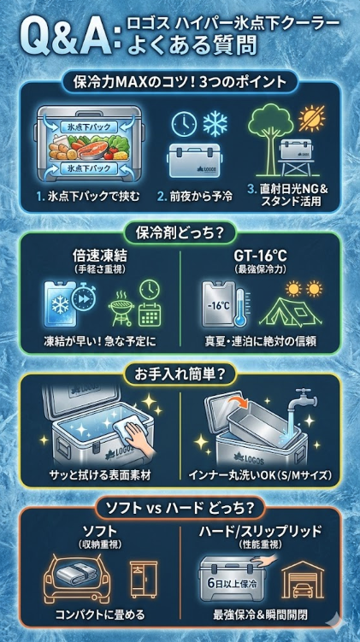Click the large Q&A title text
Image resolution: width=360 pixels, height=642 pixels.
(x=63, y=39)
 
